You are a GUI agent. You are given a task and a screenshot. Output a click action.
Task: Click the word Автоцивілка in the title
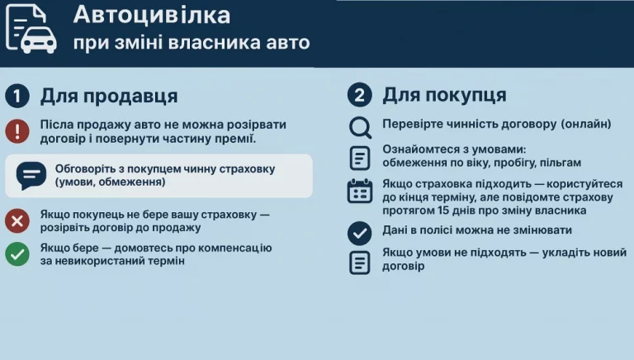pyautogui.click(x=151, y=15)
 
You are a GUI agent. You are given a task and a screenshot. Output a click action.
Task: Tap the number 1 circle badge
pyautogui.click(x=17, y=96)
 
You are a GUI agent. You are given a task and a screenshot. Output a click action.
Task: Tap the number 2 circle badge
pyautogui.click(x=359, y=96)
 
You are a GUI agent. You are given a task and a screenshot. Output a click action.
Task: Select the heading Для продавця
pyautogui.click(x=109, y=96)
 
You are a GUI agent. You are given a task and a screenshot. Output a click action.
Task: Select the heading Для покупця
pyautogui.click(x=444, y=96)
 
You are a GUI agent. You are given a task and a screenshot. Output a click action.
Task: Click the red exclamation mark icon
pyautogui.click(x=17, y=131)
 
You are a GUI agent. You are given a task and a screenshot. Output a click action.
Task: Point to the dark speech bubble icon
pyautogui.click(x=31, y=175)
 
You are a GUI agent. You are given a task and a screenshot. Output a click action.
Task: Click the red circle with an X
pyautogui.click(x=17, y=220)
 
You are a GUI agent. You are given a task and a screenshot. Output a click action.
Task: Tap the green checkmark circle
pyautogui.click(x=17, y=253)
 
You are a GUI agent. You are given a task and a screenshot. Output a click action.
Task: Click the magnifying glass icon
pyautogui.click(x=360, y=126)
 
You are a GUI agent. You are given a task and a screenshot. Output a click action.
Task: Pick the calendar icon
pyautogui.click(x=360, y=191)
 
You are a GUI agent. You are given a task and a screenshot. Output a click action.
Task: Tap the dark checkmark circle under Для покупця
pyautogui.click(x=360, y=233)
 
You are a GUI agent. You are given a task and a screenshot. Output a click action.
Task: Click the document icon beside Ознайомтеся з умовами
pyautogui.click(x=360, y=157)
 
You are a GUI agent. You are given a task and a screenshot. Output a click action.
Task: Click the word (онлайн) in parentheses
pyautogui.click(x=585, y=124)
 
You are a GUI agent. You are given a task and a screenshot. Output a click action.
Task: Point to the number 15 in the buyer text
pyautogui.click(x=445, y=211)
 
